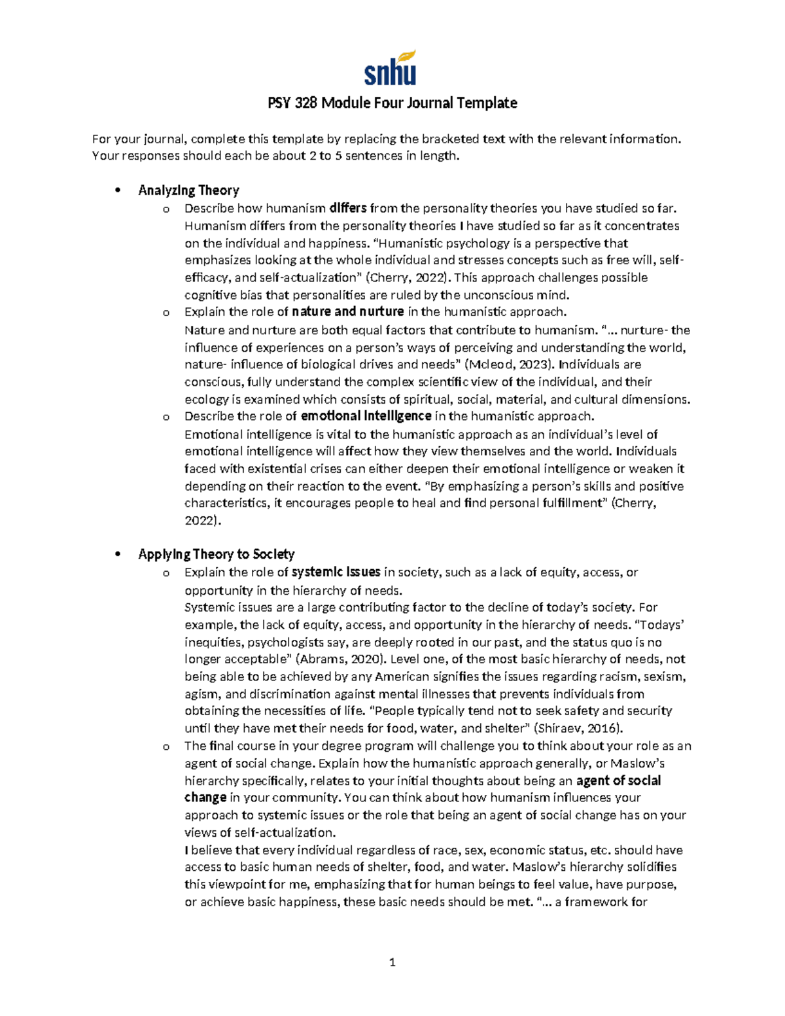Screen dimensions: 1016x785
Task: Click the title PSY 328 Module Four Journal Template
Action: [392, 103]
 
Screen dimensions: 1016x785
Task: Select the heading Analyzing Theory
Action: [188, 190]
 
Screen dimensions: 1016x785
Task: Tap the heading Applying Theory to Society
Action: [217, 554]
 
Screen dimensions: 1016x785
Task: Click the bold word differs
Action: [347, 209]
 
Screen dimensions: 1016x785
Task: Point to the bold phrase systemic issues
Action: [336, 572]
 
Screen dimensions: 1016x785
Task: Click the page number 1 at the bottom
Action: [392, 962]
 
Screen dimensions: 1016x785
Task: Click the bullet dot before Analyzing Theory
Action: [118, 191]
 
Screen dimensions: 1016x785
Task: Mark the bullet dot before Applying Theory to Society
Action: [118, 555]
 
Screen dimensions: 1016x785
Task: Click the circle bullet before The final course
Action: [166, 746]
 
